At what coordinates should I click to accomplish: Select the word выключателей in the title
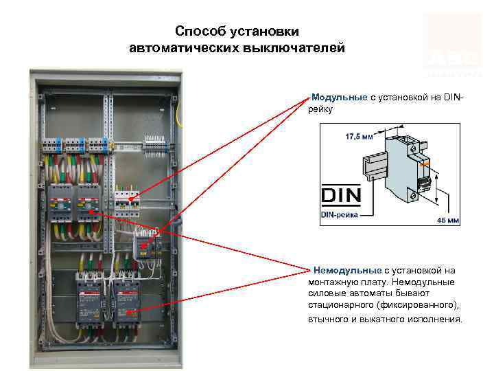point(296,48)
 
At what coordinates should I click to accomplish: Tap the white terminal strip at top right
point(158,144)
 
